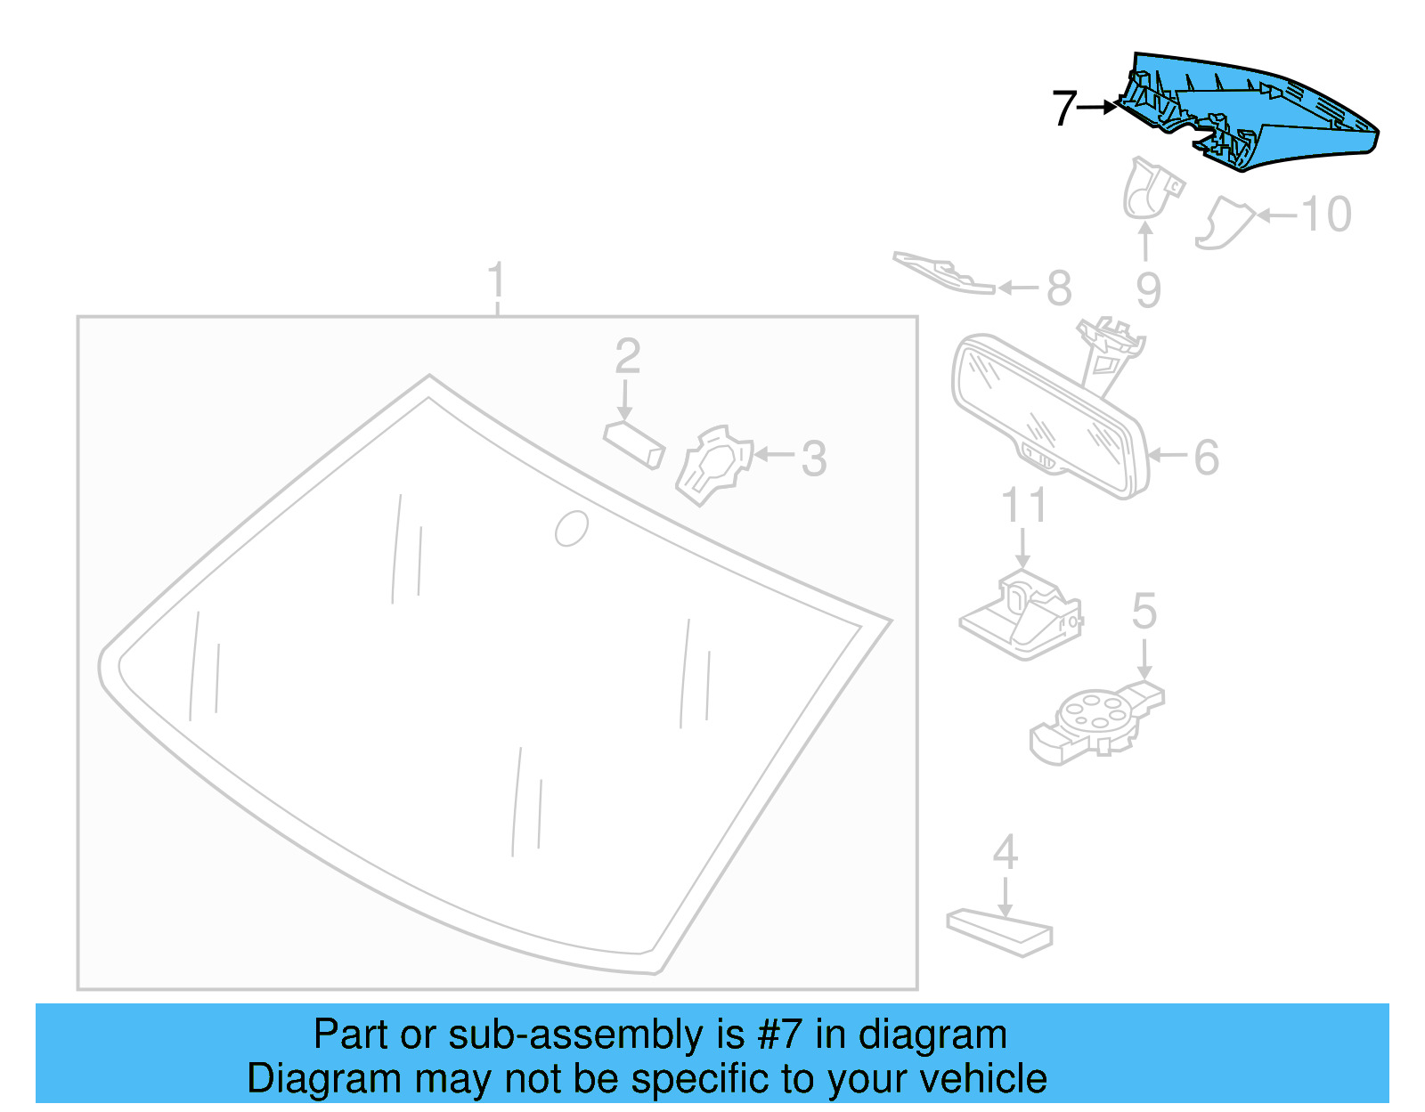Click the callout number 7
tap(1064, 109)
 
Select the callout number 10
tap(1327, 215)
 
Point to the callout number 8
tap(1058, 288)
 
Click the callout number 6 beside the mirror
tap(1206, 458)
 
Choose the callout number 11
tap(1023, 506)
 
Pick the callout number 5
tap(1144, 613)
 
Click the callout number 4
tap(1006, 853)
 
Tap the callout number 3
tap(813, 459)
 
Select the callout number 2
tap(627, 357)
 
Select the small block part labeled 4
tap(999, 931)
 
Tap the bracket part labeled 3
tap(712, 466)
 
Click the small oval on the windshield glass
tap(571, 528)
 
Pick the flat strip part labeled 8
tap(944, 272)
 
